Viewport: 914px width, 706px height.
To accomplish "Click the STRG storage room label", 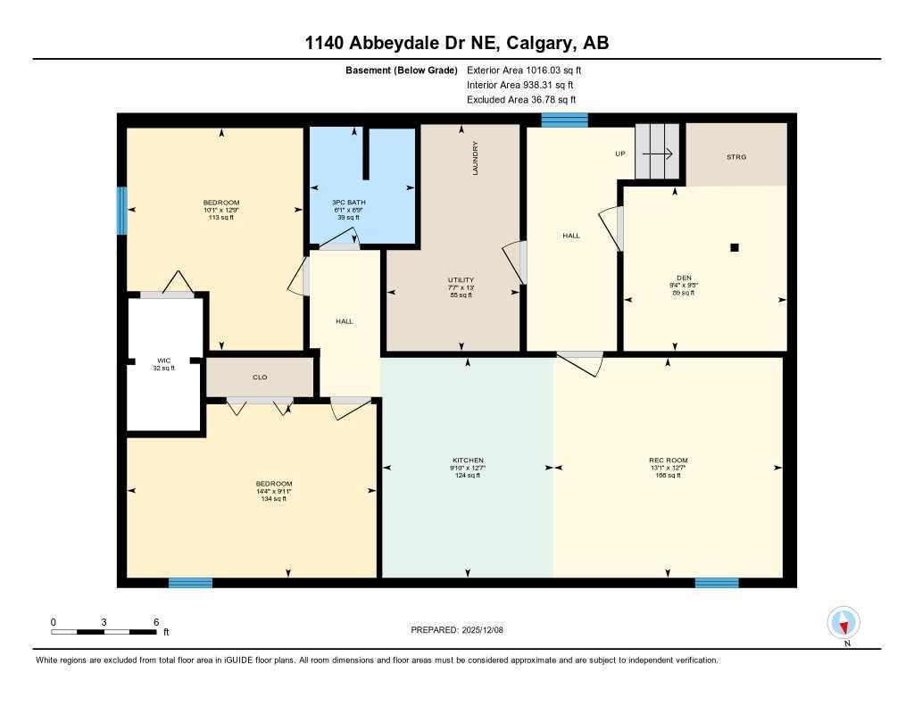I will pos(735,157).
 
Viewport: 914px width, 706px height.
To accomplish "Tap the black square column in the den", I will pos(735,248).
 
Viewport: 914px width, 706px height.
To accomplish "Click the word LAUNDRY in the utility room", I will pos(476,158).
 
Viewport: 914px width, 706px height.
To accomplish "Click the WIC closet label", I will pos(163,361).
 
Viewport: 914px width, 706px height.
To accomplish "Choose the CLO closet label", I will pos(260,378).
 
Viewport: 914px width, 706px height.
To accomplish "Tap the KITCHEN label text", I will pos(467,461).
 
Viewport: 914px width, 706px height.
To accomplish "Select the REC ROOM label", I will pos(668,461).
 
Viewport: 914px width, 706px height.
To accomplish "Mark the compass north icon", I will pos(843,621).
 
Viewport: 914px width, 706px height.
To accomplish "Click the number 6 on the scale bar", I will pos(155,621).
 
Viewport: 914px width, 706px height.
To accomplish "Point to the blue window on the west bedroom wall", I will pos(121,211).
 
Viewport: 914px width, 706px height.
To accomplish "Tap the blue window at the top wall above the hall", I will pos(564,120).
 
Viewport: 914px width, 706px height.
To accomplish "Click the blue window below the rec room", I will pos(717,583).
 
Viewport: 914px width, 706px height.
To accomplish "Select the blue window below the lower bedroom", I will pos(191,583).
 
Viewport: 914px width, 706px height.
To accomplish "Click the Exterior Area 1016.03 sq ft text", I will pos(525,70).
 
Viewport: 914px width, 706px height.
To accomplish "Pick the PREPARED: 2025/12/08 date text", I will pos(462,629).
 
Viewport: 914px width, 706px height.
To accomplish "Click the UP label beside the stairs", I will pos(620,154).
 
